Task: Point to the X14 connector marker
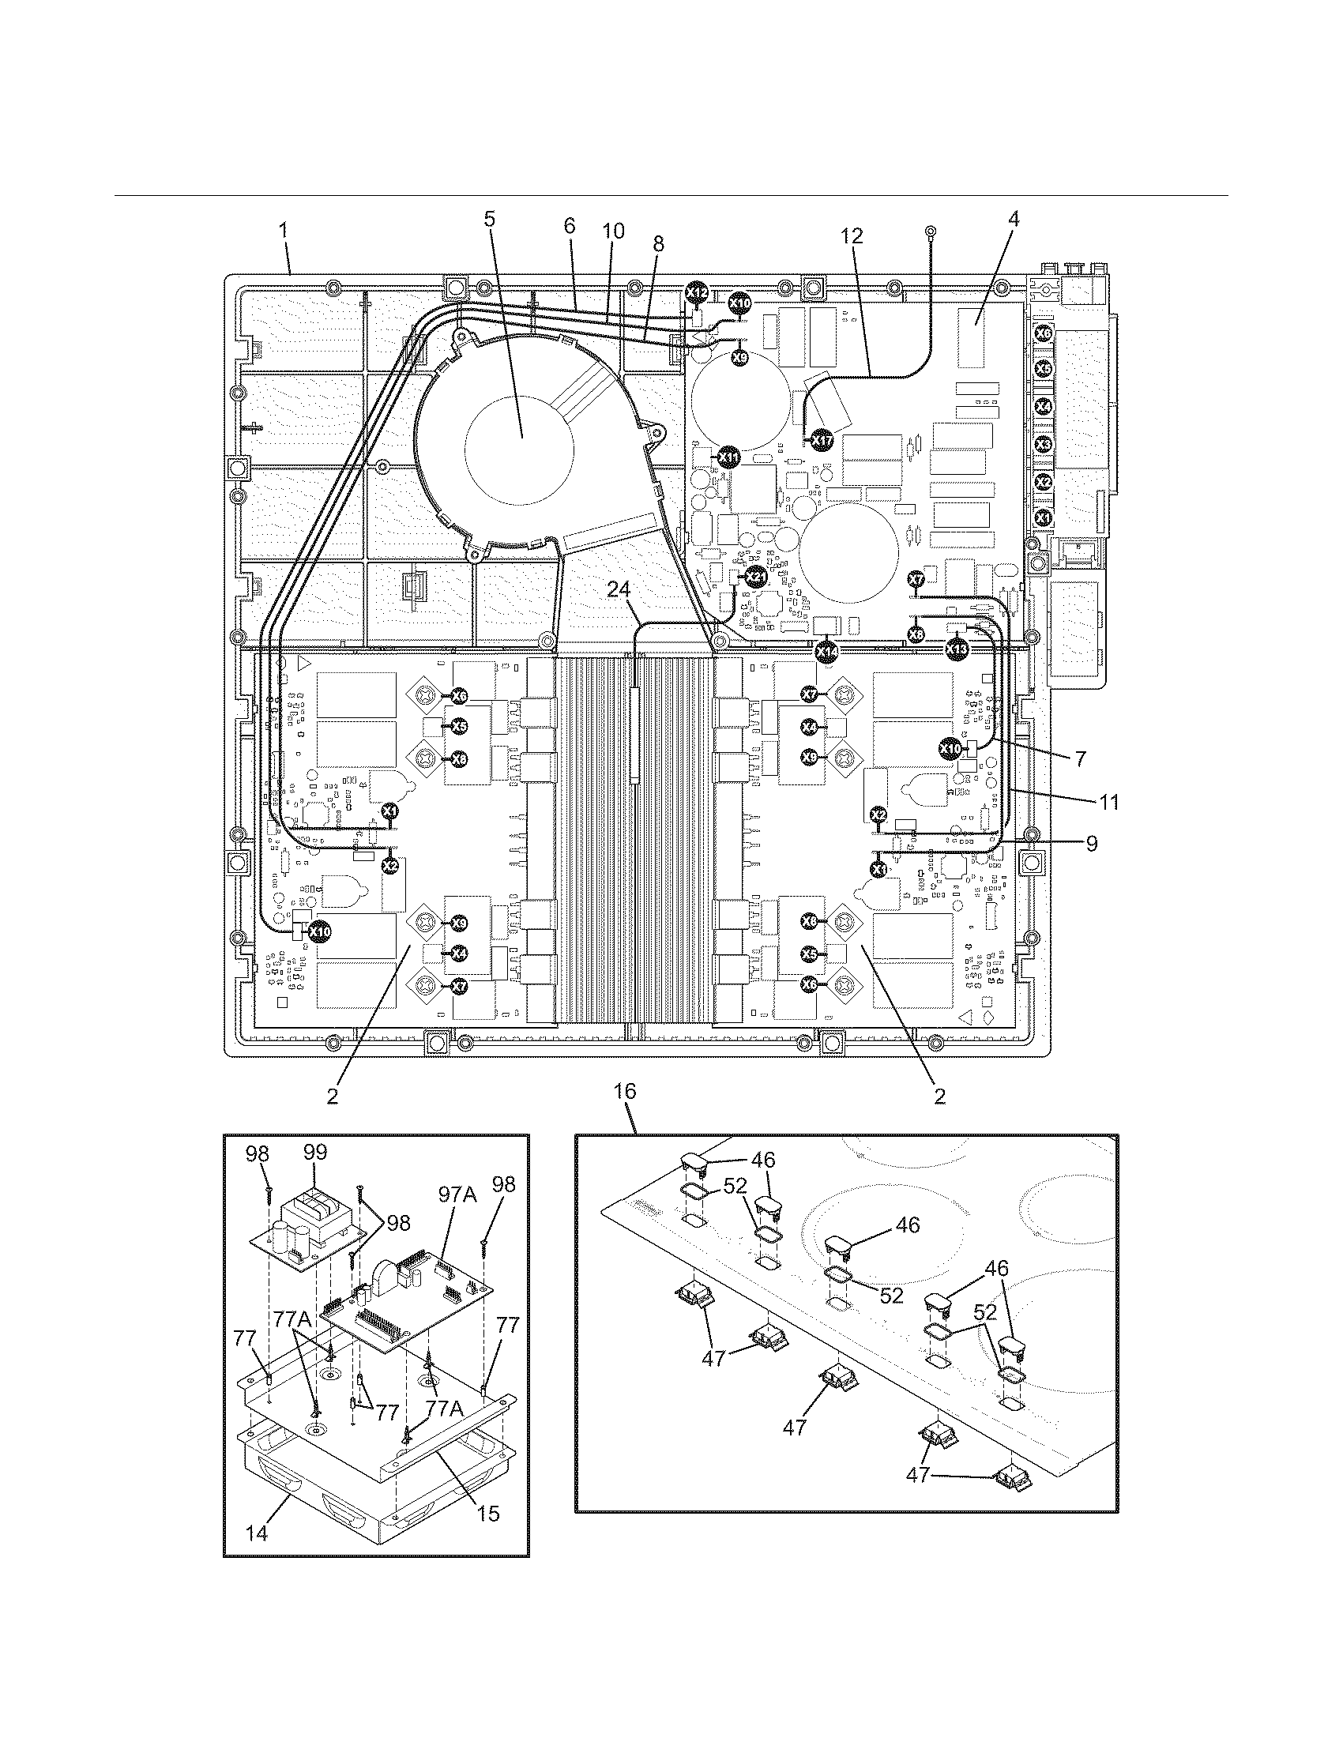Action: point(826,650)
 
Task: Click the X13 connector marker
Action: point(957,650)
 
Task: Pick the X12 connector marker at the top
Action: point(696,293)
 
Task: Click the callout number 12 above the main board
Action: point(851,235)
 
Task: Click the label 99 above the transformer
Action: point(314,1153)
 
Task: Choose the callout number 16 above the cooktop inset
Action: point(626,1092)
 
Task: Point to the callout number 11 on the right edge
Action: point(1108,803)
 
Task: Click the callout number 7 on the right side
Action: point(1081,759)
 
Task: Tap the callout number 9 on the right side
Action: point(1092,844)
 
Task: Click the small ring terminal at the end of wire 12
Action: point(929,232)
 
